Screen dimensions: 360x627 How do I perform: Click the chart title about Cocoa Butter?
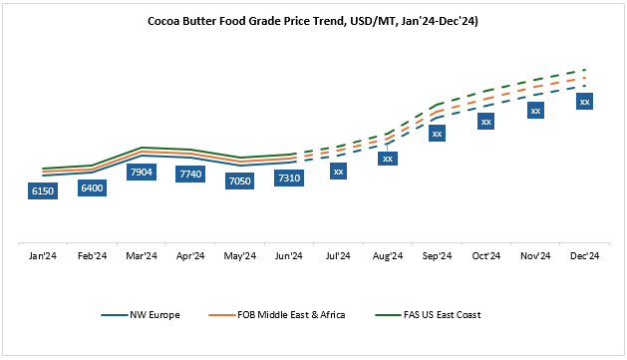click(x=313, y=19)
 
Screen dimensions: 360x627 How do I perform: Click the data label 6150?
click(x=43, y=190)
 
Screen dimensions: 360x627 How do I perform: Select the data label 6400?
click(x=92, y=186)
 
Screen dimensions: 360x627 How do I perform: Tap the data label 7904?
click(x=142, y=172)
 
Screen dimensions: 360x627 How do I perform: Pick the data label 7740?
click(x=190, y=174)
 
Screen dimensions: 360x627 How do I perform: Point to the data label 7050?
click(x=240, y=180)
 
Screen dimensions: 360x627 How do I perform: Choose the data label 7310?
click(x=289, y=178)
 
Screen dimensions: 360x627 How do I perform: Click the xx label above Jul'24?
click(x=339, y=172)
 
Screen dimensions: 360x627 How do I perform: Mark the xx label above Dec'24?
click(x=585, y=102)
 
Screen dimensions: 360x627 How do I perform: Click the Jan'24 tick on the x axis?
click(x=43, y=256)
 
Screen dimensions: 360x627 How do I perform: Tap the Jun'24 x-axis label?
click(x=289, y=256)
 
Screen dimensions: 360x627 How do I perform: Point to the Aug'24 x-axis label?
click(x=388, y=256)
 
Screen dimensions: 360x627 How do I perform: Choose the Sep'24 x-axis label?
click(x=437, y=256)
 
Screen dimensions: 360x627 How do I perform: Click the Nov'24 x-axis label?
click(x=535, y=256)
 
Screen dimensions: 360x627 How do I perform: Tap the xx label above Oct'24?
click(x=486, y=122)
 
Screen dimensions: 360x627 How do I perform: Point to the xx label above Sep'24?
click(x=437, y=133)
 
